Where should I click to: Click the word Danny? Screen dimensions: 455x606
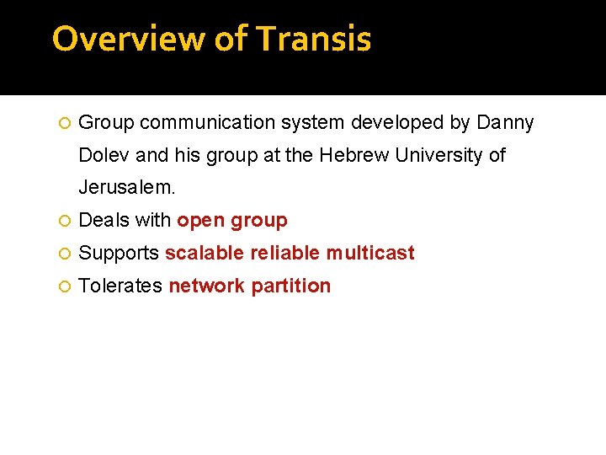click(x=505, y=123)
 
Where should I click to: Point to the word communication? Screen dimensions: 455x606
click(x=208, y=123)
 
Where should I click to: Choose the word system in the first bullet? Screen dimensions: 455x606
click(x=313, y=123)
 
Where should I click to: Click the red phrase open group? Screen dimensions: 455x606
click(x=232, y=221)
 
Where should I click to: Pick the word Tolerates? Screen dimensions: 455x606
click(x=120, y=286)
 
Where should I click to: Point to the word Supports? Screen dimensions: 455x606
click(x=119, y=254)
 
